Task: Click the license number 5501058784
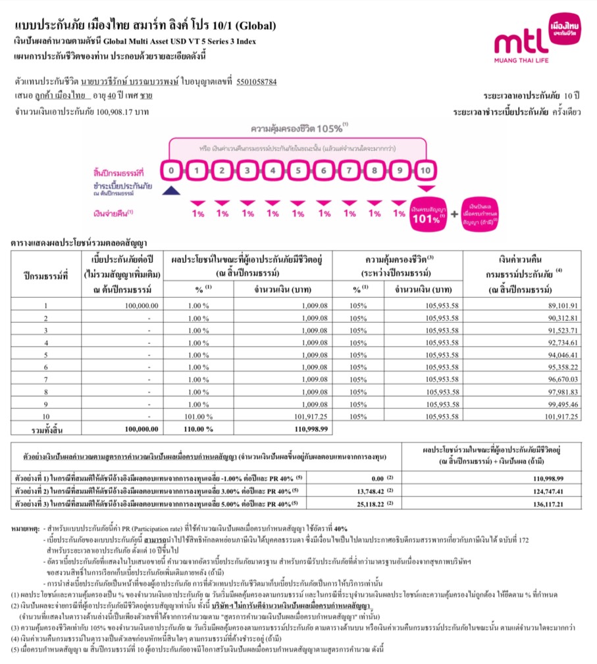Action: coord(256,82)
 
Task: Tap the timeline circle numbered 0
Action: coord(171,172)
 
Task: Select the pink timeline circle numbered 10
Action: coord(425,172)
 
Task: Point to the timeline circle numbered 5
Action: coord(298,172)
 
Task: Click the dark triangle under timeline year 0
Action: coord(171,191)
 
